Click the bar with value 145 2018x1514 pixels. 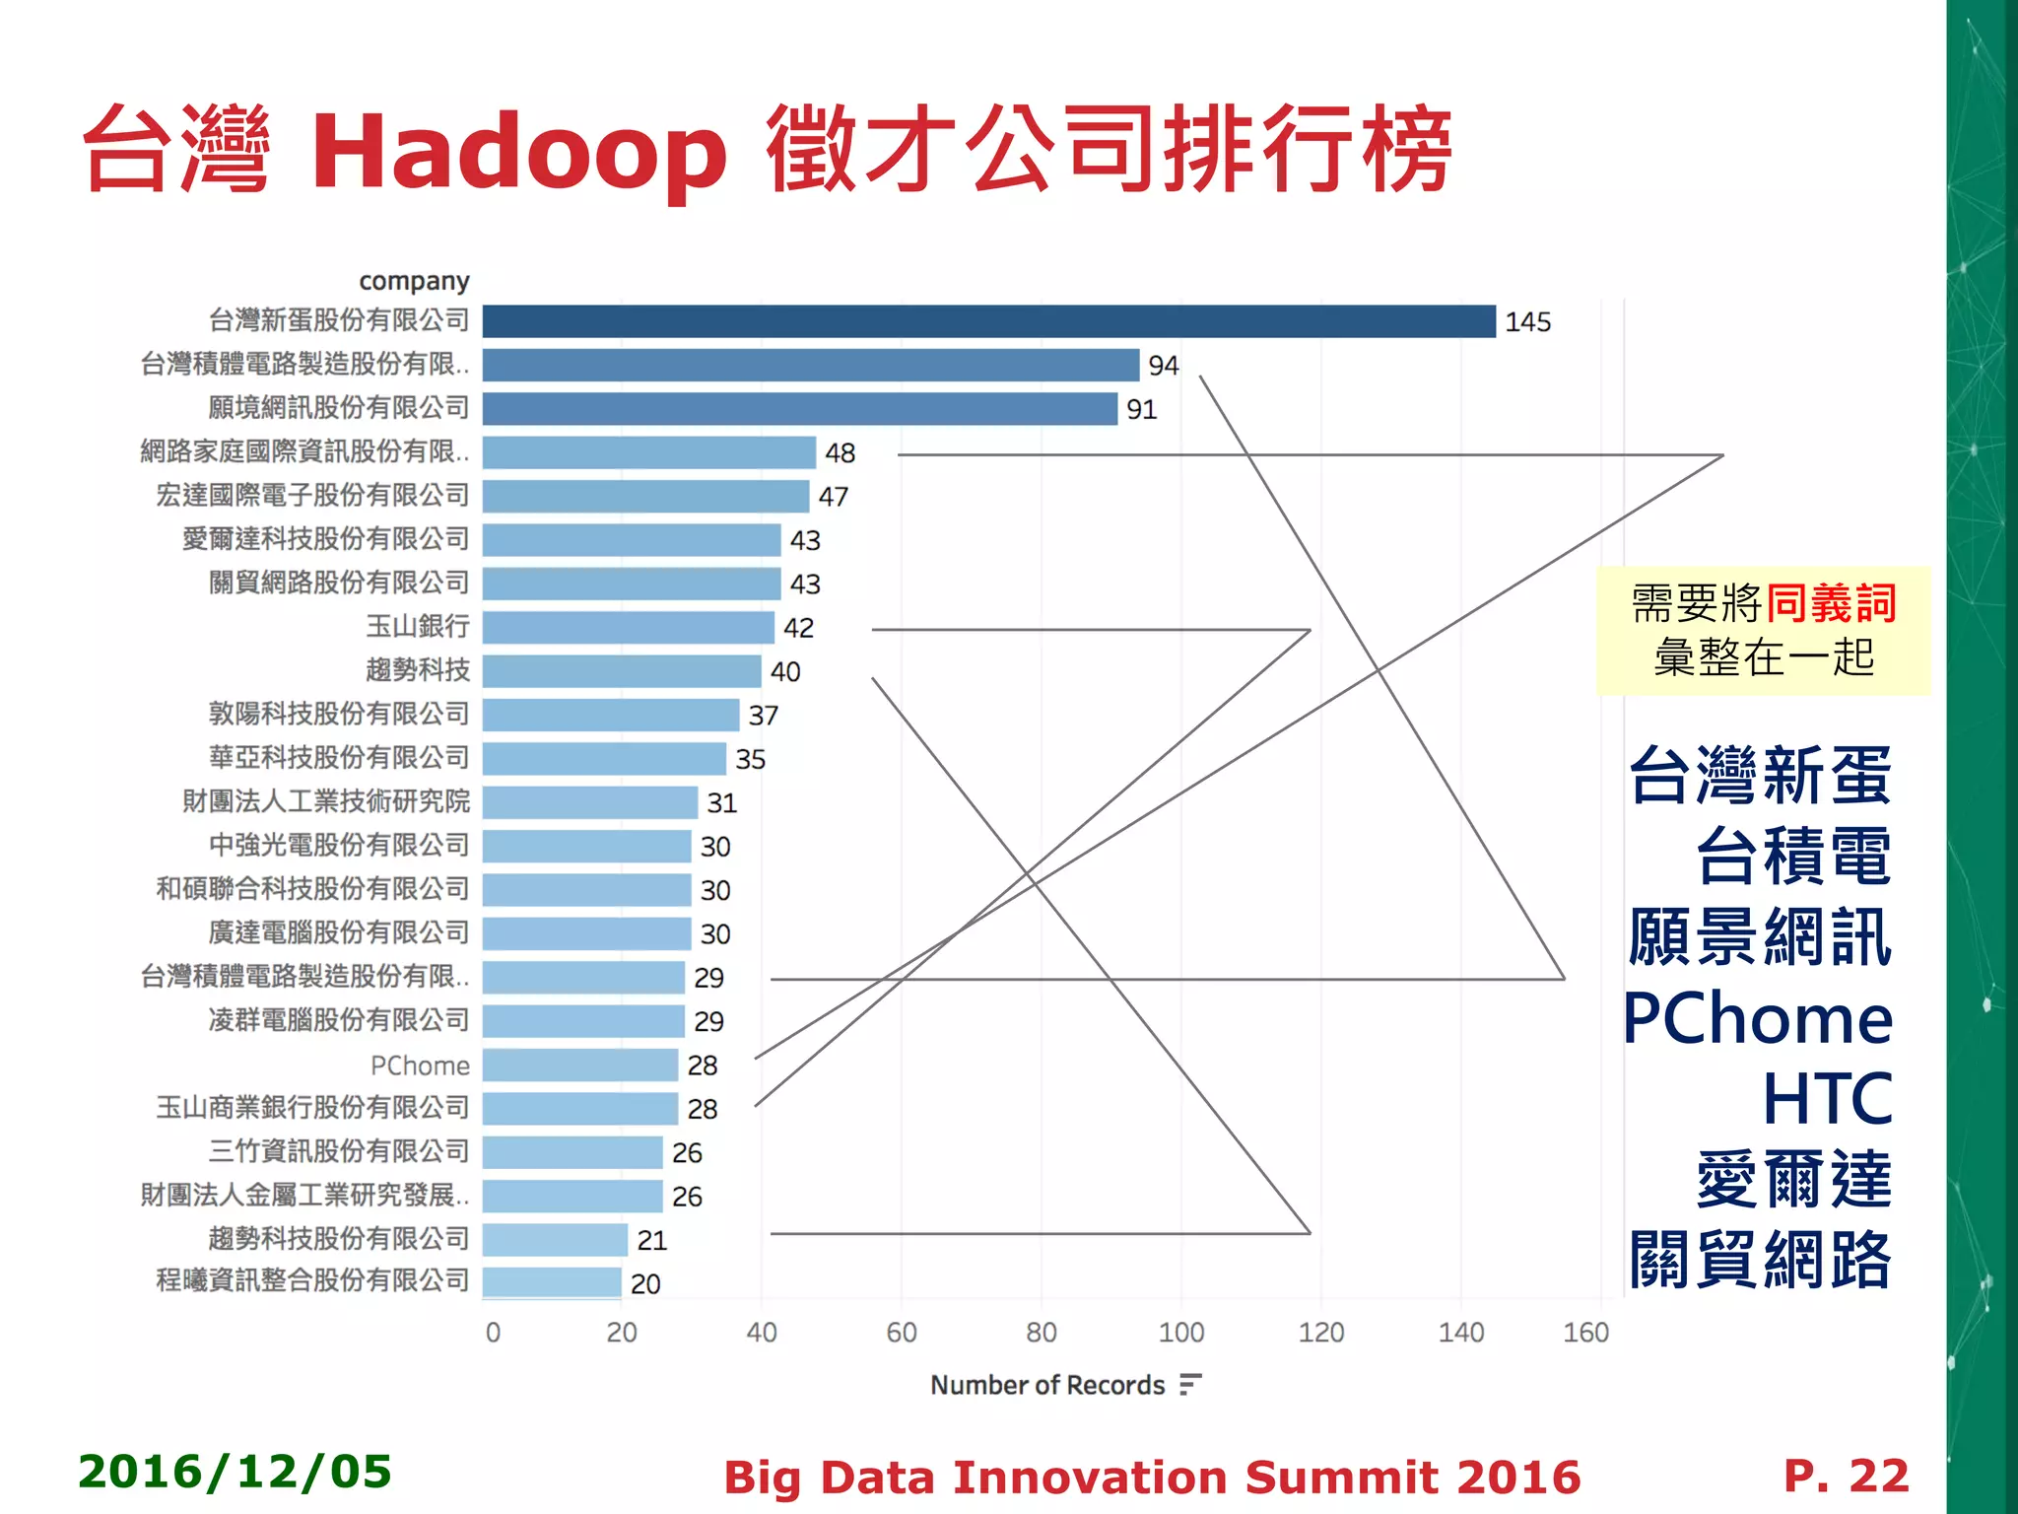point(988,321)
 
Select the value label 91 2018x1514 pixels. point(1141,409)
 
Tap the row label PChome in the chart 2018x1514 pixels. point(420,1066)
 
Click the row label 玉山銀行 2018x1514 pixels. point(418,627)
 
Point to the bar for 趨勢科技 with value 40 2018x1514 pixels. point(622,671)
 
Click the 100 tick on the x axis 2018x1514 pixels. point(1180,1333)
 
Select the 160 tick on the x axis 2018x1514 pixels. point(1585,1333)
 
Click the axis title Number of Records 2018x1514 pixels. point(1046,1385)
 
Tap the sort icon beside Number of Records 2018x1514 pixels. point(1190,1384)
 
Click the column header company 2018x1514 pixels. point(414,282)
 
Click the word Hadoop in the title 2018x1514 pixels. point(519,153)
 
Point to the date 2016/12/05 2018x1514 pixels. point(235,1472)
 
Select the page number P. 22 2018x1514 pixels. point(1846,1476)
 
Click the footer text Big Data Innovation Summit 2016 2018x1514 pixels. point(1151,1478)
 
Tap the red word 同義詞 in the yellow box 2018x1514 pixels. point(1831,603)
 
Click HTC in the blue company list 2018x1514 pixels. point(1827,1099)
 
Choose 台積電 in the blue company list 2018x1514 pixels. point(1793,857)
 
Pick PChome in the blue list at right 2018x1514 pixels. point(1758,1018)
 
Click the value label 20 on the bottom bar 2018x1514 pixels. point(645,1284)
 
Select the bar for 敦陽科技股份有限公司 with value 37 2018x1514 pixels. point(611,715)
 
